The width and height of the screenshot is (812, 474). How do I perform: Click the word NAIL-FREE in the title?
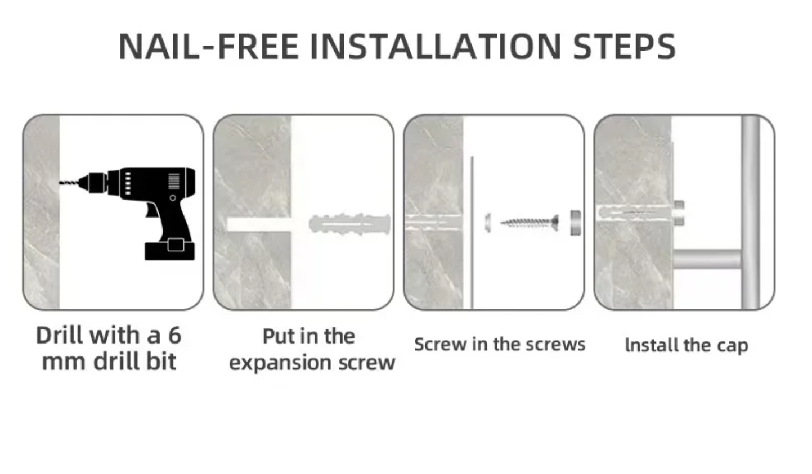click(209, 46)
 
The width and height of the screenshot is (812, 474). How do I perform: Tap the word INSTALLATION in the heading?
click(436, 46)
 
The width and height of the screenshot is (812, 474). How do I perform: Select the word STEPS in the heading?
click(625, 46)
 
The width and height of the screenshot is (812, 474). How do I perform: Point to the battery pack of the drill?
click(169, 250)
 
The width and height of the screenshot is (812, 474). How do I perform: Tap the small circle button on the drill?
click(173, 198)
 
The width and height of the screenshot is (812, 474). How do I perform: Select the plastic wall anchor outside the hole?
click(350, 224)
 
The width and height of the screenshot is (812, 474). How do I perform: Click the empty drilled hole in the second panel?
click(259, 224)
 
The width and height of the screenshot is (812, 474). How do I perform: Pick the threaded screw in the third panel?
click(530, 222)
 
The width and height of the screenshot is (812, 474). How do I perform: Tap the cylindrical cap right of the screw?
click(576, 223)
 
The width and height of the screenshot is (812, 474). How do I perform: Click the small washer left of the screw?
click(488, 222)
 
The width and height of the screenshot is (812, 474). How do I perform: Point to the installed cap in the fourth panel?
click(679, 213)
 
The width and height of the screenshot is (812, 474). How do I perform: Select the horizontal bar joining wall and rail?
click(707, 259)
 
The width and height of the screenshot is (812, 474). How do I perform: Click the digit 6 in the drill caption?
click(174, 335)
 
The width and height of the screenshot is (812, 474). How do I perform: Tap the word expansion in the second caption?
click(280, 363)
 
